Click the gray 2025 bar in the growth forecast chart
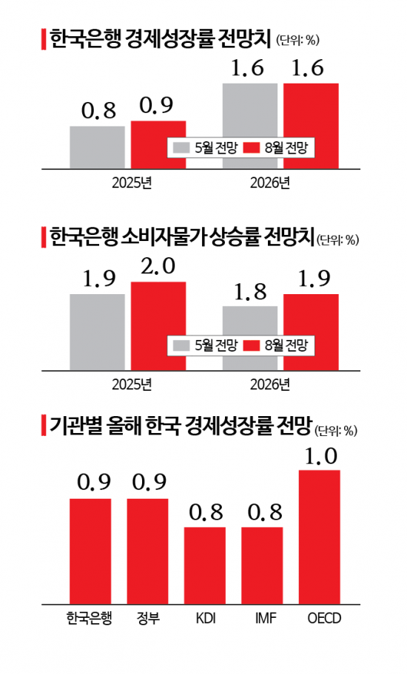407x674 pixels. (x=98, y=148)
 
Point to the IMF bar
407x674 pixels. (x=262, y=565)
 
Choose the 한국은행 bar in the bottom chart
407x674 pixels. (x=90, y=551)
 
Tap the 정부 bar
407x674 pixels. (x=147, y=551)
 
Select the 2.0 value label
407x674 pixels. (x=158, y=267)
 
